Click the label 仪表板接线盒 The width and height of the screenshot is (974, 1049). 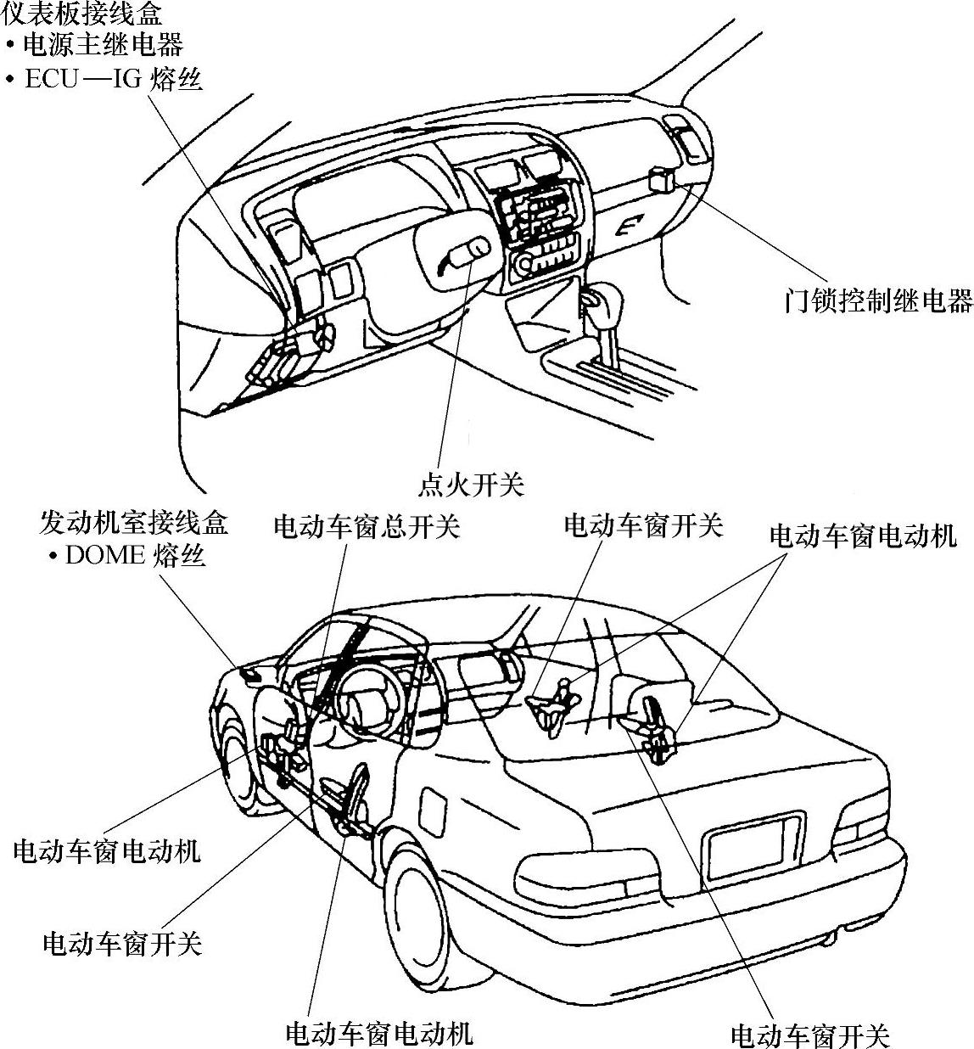[x=82, y=14]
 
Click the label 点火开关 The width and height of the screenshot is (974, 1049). [x=471, y=485]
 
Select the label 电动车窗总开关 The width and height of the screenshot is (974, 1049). [x=367, y=526]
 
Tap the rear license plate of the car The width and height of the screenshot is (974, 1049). [x=755, y=845]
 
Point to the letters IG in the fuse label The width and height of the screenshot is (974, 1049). [x=125, y=79]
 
